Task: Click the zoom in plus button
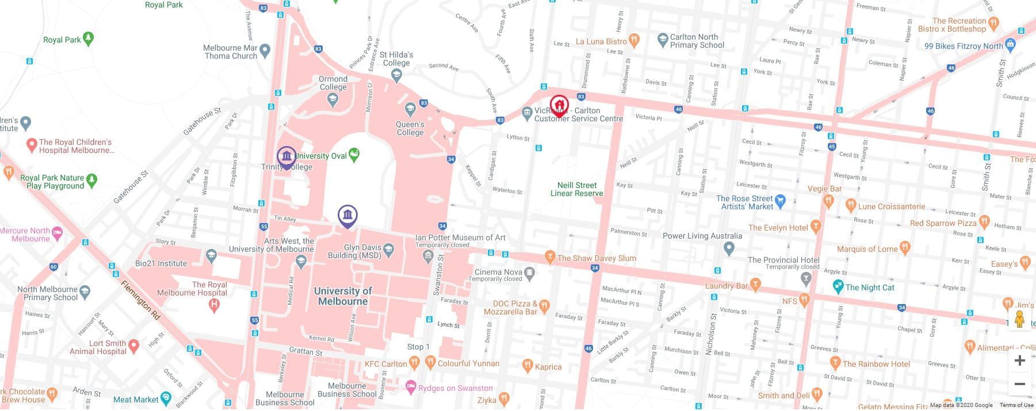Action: (1019, 360)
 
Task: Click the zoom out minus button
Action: (1019, 383)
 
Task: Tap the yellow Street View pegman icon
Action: (1019, 320)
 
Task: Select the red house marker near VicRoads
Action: (559, 106)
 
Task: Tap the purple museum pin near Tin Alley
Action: (347, 216)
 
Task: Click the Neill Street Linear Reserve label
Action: (576, 189)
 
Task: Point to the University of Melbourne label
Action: (343, 296)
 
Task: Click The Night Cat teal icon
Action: (838, 286)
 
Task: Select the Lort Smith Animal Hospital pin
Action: (133, 345)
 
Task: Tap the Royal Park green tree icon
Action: (88, 39)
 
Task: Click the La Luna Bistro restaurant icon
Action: (634, 40)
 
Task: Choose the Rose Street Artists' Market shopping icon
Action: (780, 201)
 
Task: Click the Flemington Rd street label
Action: (140, 300)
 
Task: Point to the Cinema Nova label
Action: (498, 272)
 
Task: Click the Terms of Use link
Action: (1016, 405)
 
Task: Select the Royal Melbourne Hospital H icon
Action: (215, 305)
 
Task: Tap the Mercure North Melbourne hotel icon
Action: (57, 233)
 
